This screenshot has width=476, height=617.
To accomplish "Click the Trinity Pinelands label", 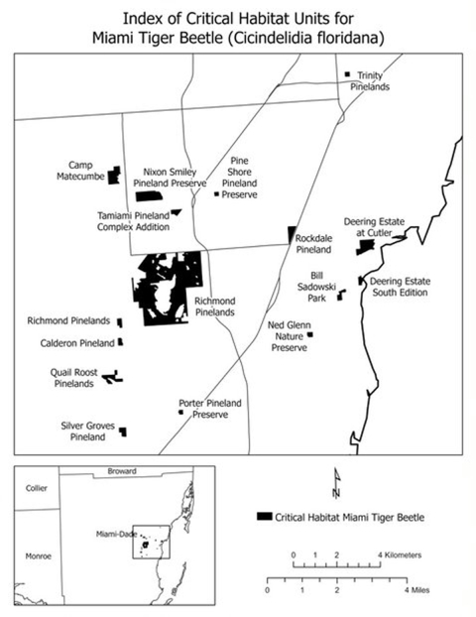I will (370, 80).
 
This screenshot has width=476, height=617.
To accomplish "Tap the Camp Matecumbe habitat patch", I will (115, 176).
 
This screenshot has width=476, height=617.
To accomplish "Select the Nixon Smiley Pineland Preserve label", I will (175, 177).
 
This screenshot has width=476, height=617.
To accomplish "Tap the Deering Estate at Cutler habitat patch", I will (364, 245).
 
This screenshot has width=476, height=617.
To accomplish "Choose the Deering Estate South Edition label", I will (400, 287).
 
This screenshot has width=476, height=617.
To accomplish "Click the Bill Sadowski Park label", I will (316, 285).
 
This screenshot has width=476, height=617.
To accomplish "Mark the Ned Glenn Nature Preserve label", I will (289, 336).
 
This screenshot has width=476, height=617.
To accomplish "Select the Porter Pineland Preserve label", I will (210, 409).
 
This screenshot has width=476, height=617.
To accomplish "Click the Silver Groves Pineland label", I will (85, 430).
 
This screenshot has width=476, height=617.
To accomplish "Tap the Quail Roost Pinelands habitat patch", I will (111, 376).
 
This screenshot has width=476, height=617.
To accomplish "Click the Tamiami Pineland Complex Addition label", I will (132, 220).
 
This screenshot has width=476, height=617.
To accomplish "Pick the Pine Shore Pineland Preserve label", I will (239, 177).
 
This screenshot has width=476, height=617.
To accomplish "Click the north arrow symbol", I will (336, 483).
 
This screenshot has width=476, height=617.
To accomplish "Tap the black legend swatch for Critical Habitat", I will (264, 516).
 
